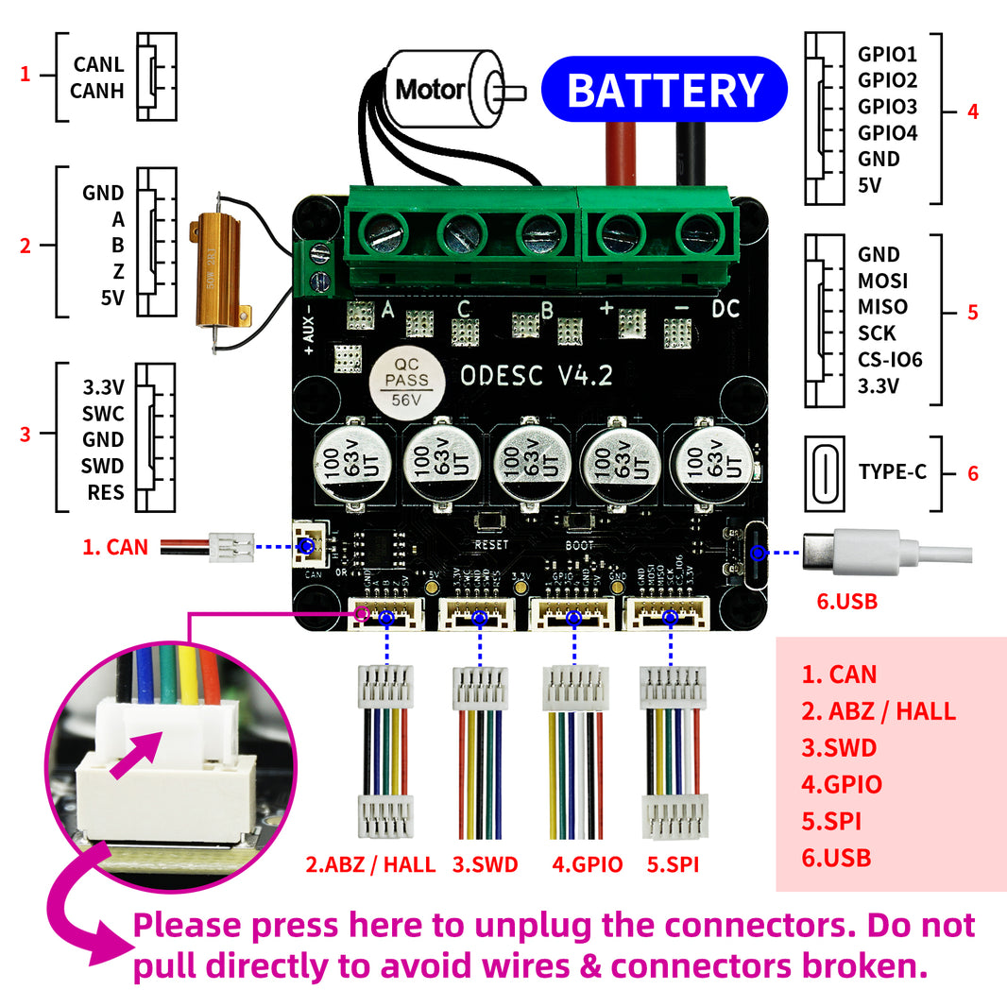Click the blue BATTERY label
(x=664, y=91)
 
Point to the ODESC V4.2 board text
(x=536, y=375)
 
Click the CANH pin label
(x=98, y=92)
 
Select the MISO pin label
(x=882, y=307)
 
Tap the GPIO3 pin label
(x=887, y=106)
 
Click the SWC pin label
(x=103, y=414)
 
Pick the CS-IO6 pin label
(x=890, y=360)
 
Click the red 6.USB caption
(x=846, y=600)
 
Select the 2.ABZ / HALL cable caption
(x=370, y=863)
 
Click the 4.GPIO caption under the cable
(x=587, y=863)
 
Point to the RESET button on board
(x=490, y=521)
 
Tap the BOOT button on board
(x=580, y=522)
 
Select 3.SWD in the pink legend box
(x=839, y=748)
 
